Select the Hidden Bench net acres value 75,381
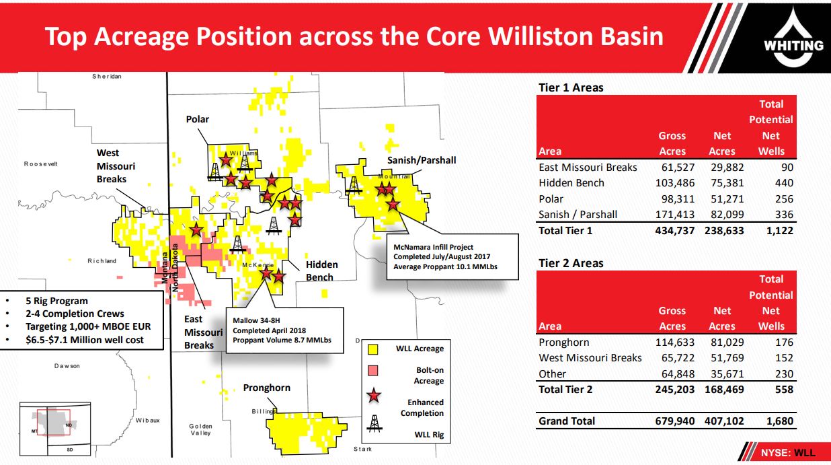pos(727,183)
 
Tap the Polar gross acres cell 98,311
pos(678,199)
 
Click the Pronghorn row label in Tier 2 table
pos(563,343)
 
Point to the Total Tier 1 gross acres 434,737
pos(675,231)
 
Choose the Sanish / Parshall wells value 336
pos(784,215)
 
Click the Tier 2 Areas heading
pos(571,263)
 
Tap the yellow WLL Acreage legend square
pos(372,349)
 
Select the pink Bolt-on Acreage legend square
pos(372,371)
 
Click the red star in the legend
pos(374,396)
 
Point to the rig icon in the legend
pos(374,423)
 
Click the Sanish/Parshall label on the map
pos(422,160)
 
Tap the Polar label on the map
pos(198,119)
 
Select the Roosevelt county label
pos(41,164)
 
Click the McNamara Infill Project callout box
pos(452,256)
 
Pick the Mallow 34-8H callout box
pos(284,330)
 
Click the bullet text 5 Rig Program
pos(56,301)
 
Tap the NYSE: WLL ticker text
pos(788,453)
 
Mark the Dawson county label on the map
pos(67,366)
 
